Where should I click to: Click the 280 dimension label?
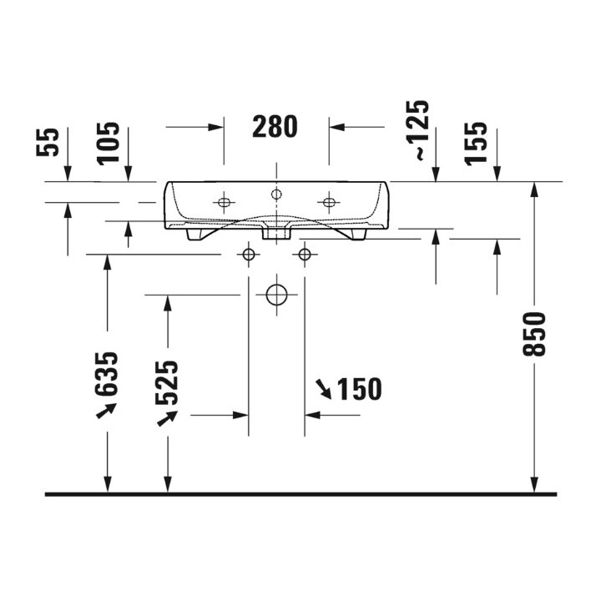click(x=275, y=127)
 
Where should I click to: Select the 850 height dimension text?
click(x=534, y=334)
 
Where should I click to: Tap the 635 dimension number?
click(x=106, y=374)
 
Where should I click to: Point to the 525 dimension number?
click(x=167, y=383)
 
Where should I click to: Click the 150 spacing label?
click(x=359, y=389)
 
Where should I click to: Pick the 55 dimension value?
click(x=48, y=142)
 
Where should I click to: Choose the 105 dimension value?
click(x=108, y=144)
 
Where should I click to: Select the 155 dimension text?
click(x=476, y=144)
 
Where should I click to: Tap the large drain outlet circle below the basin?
click(x=276, y=295)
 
